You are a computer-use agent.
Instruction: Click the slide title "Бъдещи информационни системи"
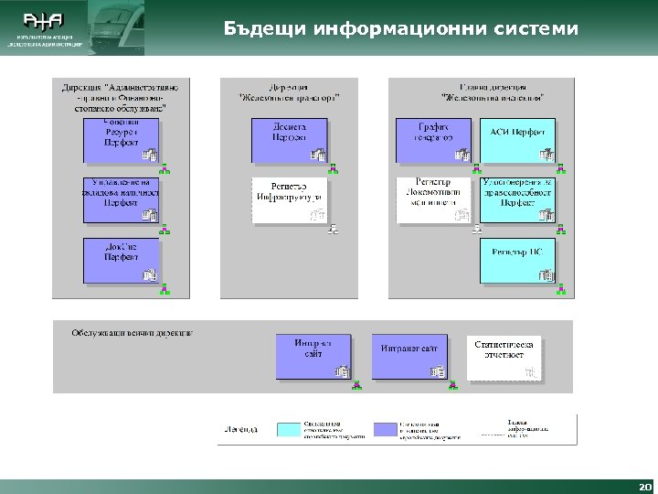(400, 29)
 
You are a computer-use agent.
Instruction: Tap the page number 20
(645, 486)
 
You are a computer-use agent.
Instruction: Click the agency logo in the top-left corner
(45, 27)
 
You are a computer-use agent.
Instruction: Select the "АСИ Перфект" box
(517, 140)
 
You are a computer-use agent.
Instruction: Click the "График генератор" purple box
(432, 140)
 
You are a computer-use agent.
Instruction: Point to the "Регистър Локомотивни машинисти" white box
(432, 200)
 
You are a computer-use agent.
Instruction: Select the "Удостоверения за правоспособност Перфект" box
(517, 200)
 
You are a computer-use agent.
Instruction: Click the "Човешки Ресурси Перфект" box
(121, 140)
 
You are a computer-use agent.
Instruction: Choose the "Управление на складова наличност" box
(121, 200)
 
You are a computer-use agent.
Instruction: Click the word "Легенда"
(241, 428)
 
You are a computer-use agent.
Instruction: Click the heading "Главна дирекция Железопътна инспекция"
(493, 91)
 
